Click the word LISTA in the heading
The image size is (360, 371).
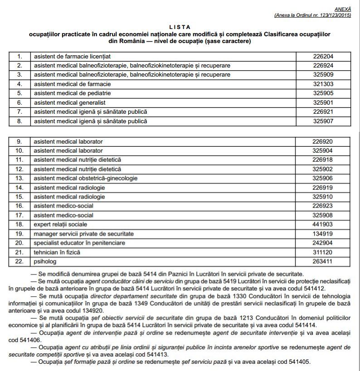tap(180, 27)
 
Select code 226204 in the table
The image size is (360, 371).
tap(322, 57)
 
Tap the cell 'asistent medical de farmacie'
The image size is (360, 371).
tap(72, 84)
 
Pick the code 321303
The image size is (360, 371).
tap(322, 84)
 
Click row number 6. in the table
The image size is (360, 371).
tap(19, 103)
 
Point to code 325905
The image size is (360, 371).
tap(322, 93)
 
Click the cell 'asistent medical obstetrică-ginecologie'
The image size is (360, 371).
tap(85, 178)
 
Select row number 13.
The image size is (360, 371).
tap(19, 178)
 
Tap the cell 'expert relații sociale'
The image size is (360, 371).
tap(60, 224)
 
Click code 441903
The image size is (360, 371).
tap(322, 224)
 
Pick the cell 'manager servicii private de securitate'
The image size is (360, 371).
tap(84, 234)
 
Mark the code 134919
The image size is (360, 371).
tap(322, 234)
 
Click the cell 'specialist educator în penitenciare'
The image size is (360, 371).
tap(79, 243)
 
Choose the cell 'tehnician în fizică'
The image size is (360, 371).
tap(57, 252)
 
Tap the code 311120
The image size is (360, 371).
tap(322, 252)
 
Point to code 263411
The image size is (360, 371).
tap(322, 261)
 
